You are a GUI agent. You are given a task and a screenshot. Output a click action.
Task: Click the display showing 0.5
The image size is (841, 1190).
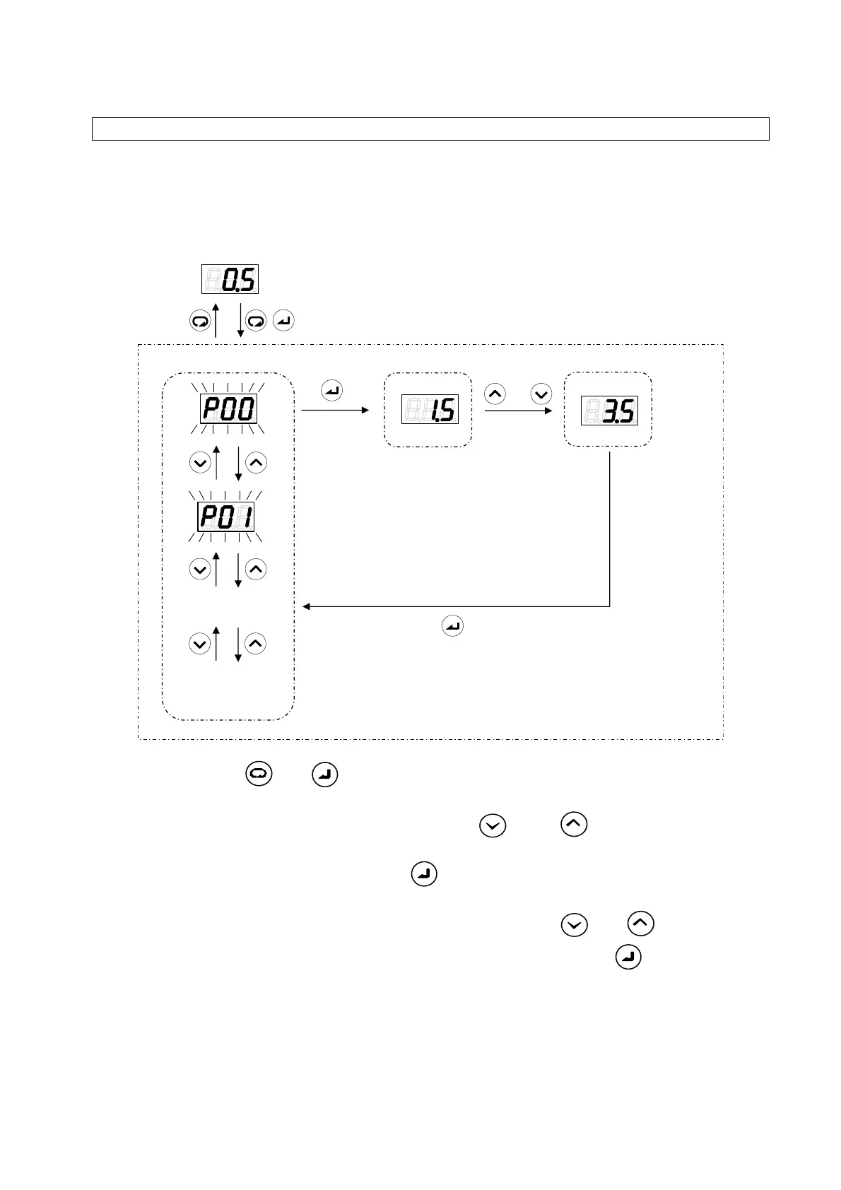click(x=230, y=279)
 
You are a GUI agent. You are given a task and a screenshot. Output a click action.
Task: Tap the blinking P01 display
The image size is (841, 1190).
click(x=226, y=517)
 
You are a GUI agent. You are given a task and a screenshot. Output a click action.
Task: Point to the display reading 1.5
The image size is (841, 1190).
click(x=430, y=409)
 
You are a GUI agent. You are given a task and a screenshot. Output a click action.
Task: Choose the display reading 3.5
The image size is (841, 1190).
click(x=609, y=410)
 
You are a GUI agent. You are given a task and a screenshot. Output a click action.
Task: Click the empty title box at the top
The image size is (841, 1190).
click(x=430, y=129)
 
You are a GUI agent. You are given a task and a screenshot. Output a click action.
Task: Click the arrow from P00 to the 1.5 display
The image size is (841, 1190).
click(x=335, y=410)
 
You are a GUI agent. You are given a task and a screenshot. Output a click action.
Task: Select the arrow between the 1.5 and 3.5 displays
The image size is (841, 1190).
click(x=518, y=410)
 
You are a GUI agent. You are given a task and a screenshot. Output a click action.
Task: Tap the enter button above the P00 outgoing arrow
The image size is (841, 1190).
click(x=331, y=390)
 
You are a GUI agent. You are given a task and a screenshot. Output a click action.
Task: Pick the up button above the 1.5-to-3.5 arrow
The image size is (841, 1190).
click(x=495, y=394)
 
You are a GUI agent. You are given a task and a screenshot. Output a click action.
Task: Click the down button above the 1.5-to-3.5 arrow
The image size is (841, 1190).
click(x=541, y=394)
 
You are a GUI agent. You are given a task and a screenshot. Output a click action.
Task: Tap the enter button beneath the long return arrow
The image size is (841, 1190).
click(x=452, y=626)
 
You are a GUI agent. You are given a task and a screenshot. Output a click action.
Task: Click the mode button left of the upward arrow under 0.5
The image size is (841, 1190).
click(x=200, y=322)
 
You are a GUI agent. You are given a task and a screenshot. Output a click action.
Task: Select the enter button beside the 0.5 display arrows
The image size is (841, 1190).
click(x=283, y=322)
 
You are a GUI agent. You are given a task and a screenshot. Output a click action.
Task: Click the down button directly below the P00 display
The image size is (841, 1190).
click(x=200, y=463)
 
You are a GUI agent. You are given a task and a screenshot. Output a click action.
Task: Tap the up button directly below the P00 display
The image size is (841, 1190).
click(x=256, y=463)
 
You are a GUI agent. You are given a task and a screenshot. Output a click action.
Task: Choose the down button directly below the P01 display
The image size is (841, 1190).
click(x=200, y=569)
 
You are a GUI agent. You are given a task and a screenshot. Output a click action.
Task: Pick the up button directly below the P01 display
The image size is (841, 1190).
click(x=256, y=569)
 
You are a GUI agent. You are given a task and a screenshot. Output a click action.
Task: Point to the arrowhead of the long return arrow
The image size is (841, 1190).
click(x=306, y=606)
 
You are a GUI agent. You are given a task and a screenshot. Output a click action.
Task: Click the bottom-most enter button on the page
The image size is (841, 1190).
click(x=629, y=958)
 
